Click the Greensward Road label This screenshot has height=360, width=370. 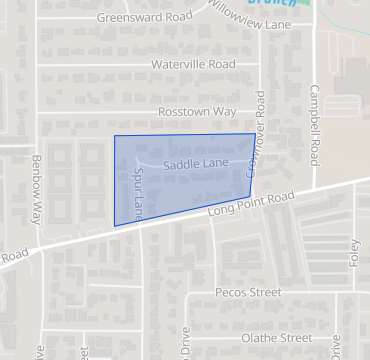[x=143, y=17]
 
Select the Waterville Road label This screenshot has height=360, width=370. [x=193, y=64]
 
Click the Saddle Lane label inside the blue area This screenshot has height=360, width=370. [x=196, y=163]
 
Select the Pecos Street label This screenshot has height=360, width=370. [x=249, y=293]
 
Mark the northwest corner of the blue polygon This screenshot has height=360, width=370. [x=114, y=136]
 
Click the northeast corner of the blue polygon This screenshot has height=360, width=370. [x=255, y=133]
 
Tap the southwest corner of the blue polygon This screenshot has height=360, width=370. [x=115, y=226]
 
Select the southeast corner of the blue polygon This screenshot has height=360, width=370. [x=249, y=196]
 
